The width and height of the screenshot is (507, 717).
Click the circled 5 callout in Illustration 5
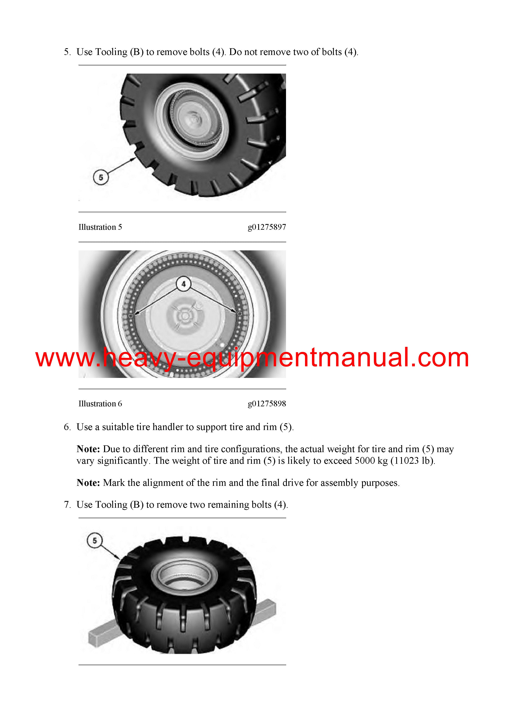click(x=101, y=177)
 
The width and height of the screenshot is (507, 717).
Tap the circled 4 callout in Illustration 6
click(x=183, y=284)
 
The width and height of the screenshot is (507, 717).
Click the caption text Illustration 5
click(x=100, y=227)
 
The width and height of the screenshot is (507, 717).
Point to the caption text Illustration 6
click(x=100, y=404)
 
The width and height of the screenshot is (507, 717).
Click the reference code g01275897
click(x=267, y=227)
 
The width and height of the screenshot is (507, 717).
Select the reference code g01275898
click(x=267, y=404)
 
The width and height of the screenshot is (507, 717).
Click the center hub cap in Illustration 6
click(x=185, y=316)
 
